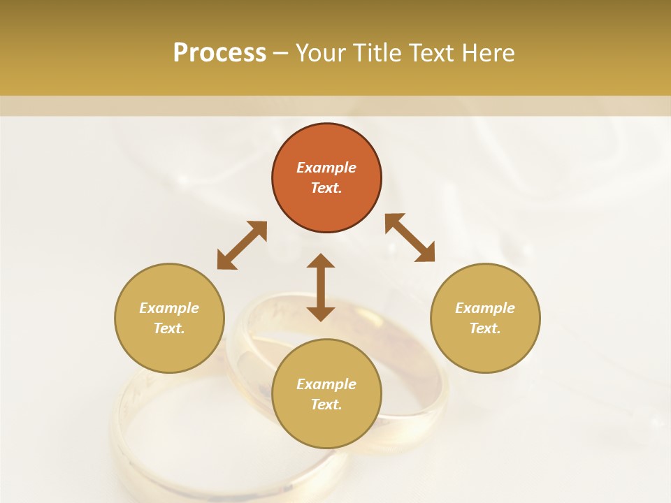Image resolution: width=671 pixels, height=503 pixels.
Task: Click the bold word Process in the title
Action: pos(219,53)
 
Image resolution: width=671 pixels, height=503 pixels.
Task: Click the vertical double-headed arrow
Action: pos(321,287)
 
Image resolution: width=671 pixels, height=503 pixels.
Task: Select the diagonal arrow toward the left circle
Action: pos(242,245)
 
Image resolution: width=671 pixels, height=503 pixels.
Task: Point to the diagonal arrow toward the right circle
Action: pos(410,238)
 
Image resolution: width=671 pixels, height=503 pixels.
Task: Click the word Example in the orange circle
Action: pos(326,168)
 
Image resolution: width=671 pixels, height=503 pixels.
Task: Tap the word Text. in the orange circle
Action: pos(326,188)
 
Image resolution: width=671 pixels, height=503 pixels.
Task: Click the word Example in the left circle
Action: pos(169,308)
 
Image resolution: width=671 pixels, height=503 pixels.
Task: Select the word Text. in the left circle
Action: pos(169,328)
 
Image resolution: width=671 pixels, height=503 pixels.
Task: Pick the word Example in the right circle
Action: pos(485,308)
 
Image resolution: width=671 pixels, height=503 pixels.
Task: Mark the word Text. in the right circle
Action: pos(485,328)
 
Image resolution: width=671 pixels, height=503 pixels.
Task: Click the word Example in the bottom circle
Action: pos(326,384)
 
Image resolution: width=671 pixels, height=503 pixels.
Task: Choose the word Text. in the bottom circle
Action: pos(326,404)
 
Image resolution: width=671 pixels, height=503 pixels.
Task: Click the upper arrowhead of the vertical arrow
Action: pos(321,261)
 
